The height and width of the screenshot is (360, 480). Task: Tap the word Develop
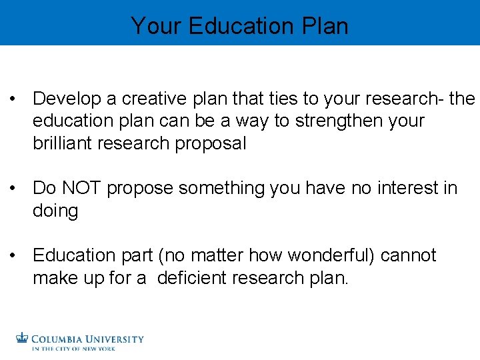click(66, 99)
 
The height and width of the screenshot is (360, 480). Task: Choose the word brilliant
click(64, 143)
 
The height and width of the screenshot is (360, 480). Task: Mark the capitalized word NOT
click(82, 189)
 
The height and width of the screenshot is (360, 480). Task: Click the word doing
click(55, 211)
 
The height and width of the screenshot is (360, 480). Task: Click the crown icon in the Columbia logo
click(23, 338)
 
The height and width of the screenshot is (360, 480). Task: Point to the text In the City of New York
click(73, 349)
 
